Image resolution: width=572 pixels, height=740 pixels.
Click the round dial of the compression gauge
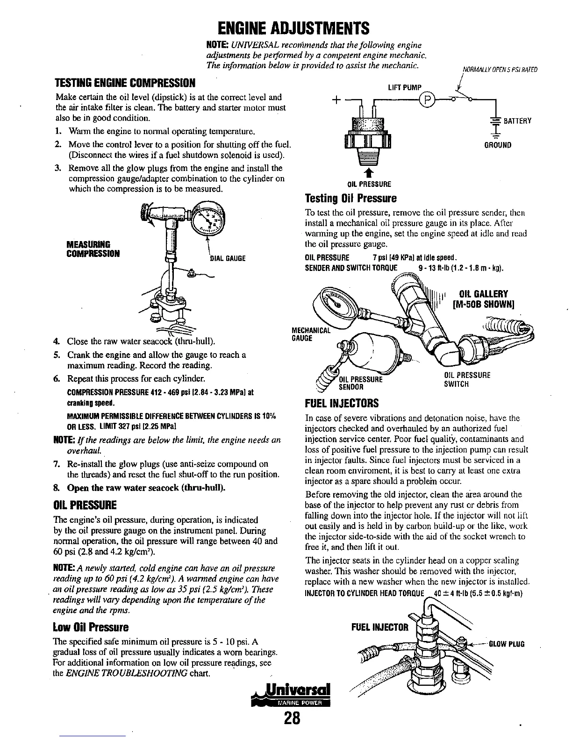[x=208, y=219]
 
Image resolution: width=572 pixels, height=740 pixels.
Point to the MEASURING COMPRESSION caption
[x=93, y=249]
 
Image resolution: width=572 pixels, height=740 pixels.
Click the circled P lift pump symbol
[x=427, y=100]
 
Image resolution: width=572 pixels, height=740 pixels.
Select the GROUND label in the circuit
[x=499, y=145]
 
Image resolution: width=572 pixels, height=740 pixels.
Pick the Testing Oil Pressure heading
[x=350, y=198]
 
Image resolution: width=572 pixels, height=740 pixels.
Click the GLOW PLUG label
[x=507, y=644]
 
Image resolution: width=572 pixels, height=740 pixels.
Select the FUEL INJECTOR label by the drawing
[x=379, y=627]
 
